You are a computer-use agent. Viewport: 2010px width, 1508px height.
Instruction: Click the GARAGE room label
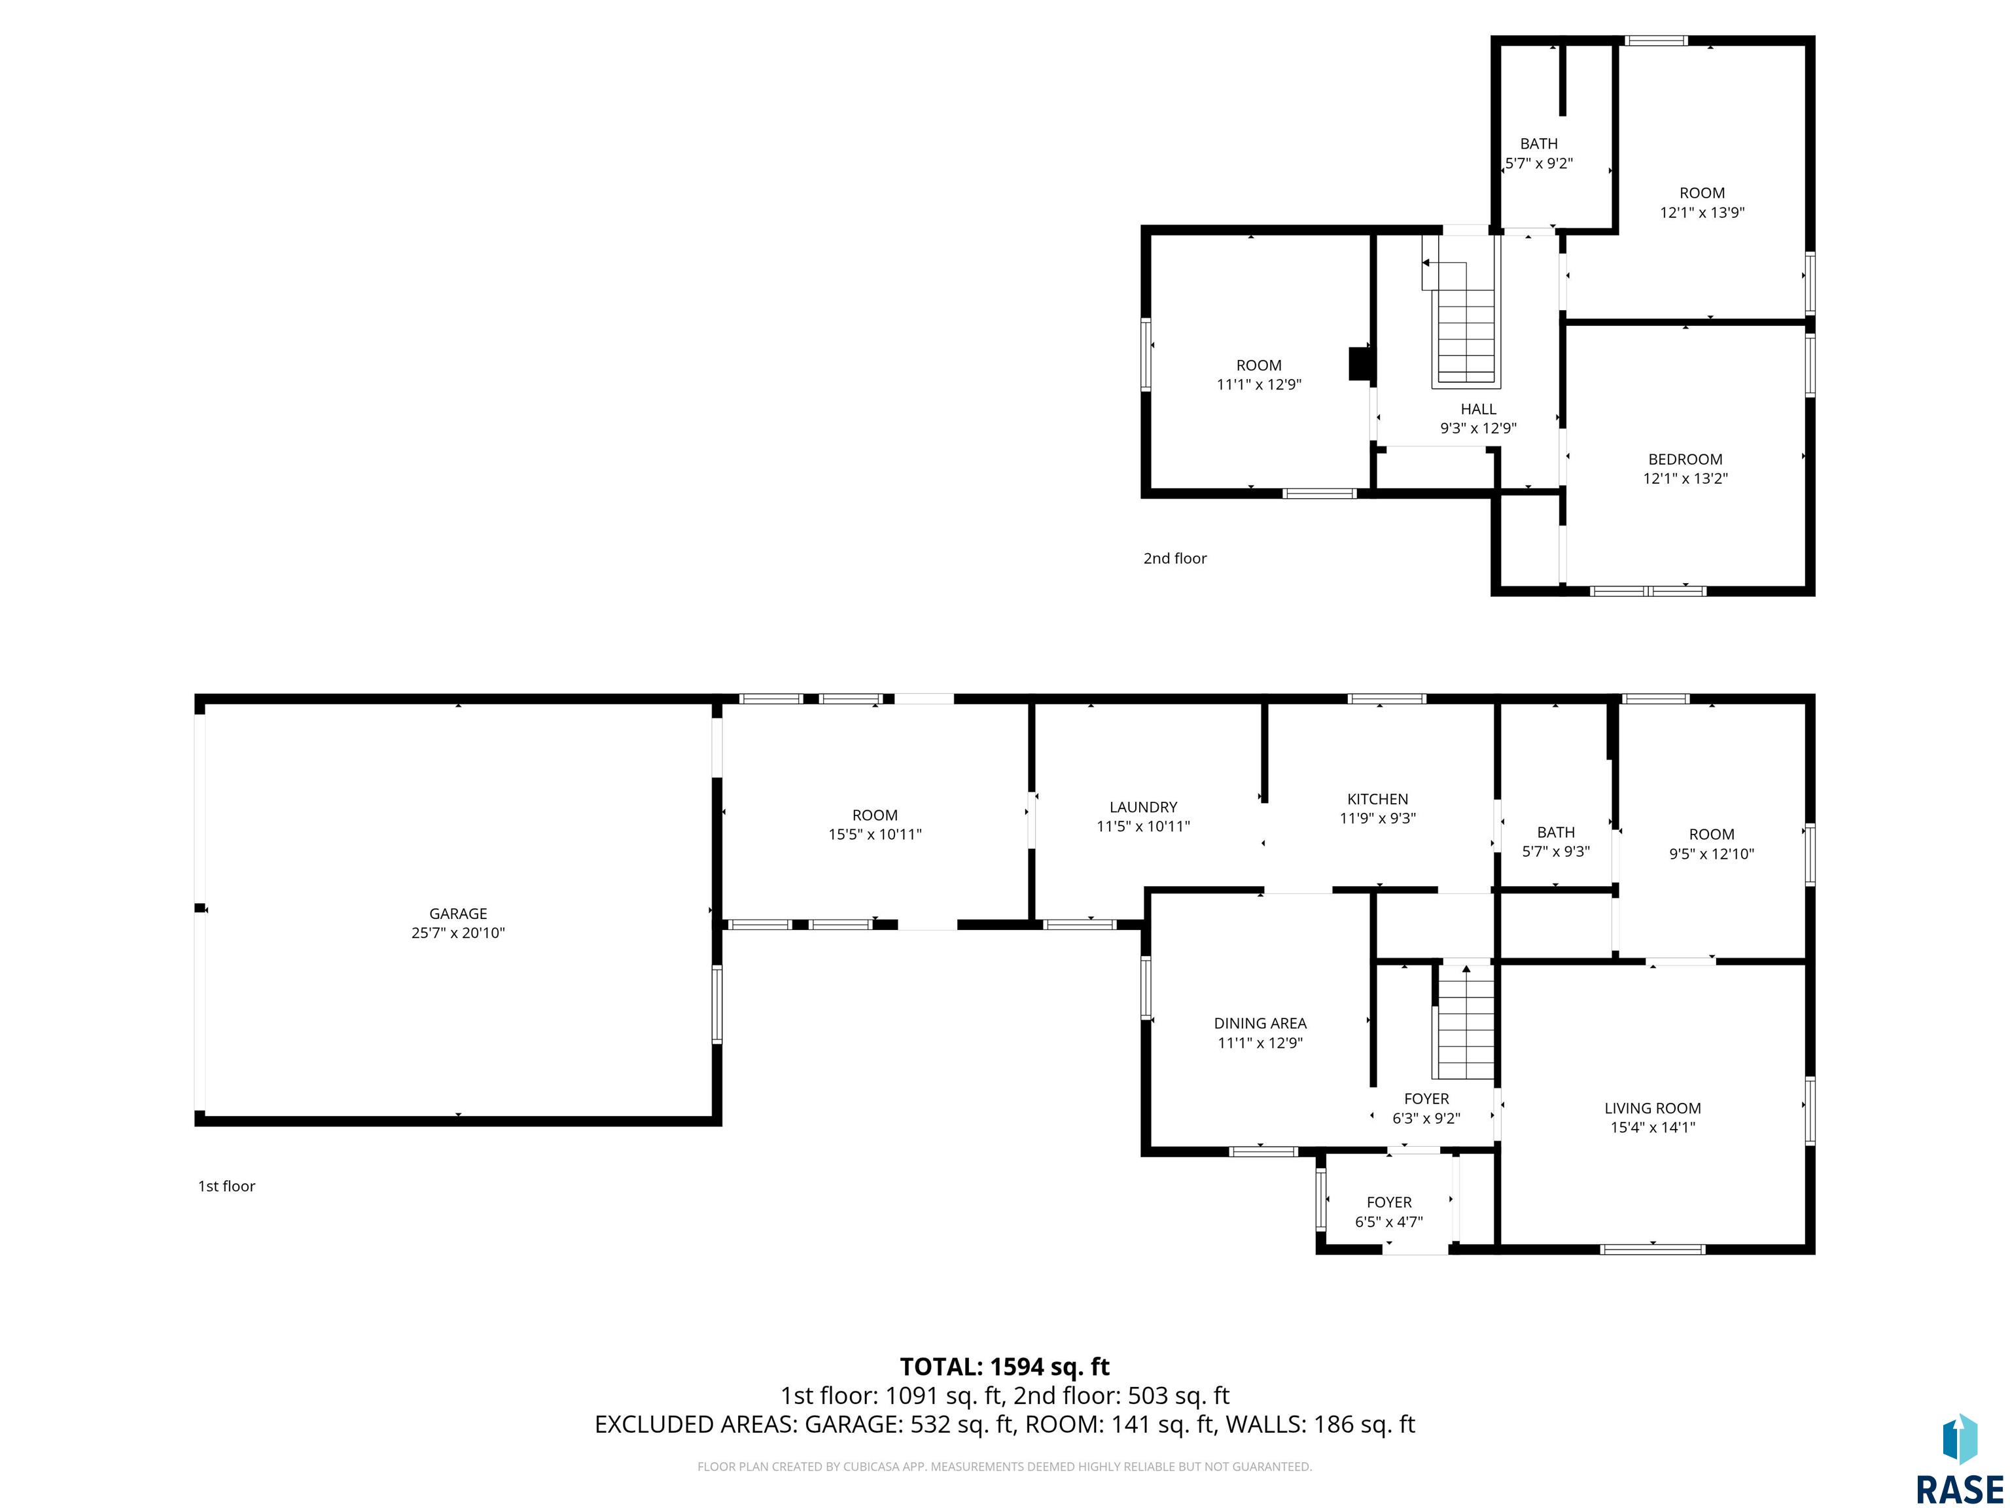tap(458, 914)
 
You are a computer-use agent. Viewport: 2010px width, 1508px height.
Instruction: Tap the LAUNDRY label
tap(1143, 807)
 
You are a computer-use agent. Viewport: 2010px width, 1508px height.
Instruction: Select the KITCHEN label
tap(1377, 799)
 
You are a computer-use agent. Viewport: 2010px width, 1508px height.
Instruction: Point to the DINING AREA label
tap(1260, 1024)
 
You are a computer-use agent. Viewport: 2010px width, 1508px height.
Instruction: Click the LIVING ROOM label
tap(1653, 1108)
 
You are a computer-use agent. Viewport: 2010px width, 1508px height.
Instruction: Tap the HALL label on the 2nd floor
tap(1479, 409)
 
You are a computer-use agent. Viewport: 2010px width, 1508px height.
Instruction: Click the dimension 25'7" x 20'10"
tap(458, 933)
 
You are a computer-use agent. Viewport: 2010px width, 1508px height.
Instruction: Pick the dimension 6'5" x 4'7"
tap(1389, 1222)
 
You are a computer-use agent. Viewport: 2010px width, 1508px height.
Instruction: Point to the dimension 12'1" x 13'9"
tap(1702, 213)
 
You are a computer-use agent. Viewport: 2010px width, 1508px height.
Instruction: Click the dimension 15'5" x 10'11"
tap(875, 835)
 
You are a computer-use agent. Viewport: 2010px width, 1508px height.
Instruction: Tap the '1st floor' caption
tap(227, 1186)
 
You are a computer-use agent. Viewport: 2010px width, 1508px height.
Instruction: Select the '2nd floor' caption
tap(1175, 558)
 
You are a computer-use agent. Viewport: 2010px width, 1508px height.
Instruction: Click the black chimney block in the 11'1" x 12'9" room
tap(1360, 364)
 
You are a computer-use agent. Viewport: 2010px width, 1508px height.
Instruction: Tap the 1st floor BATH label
tap(1556, 833)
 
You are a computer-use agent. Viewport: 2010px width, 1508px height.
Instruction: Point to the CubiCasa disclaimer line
tap(1005, 1466)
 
